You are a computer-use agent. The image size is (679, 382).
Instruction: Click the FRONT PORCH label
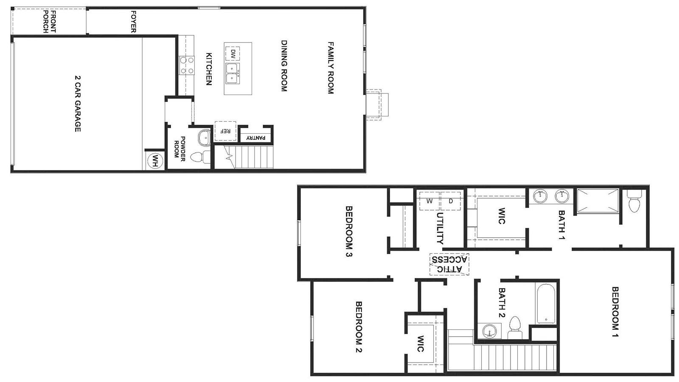[x=49, y=22]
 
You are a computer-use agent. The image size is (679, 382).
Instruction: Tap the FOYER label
[x=133, y=22]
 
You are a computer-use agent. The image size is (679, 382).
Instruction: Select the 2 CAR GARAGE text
[x=78, y=104]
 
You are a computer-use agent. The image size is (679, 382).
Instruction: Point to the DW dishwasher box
[x=233, y=54]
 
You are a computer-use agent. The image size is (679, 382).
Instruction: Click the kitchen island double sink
[x=233, y=74]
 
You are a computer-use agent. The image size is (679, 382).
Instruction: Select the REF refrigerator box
[x=225, y=131]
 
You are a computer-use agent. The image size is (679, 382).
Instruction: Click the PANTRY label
[x=255, y=138]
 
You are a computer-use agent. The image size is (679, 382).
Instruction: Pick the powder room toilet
[x=200, y=157]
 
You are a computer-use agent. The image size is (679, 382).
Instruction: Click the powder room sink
[x=204, y=138]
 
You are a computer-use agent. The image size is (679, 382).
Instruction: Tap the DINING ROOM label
[x=284, y=66]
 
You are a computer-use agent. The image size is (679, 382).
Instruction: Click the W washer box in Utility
[x=429, y=201]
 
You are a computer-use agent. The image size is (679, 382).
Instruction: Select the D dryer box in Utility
[x=450, y=201]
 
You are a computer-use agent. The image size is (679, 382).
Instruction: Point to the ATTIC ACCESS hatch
[x=449, y=264]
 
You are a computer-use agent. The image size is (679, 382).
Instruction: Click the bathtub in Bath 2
[x=546, y=304]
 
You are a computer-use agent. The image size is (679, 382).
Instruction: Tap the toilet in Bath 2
[x=515, y=328]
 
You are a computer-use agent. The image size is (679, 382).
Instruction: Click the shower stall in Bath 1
[x=598, y=201]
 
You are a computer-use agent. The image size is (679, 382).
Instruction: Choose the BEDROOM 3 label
[x=349, y=232]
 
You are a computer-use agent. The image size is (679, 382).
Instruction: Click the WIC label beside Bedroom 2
[x=421, y=343]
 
